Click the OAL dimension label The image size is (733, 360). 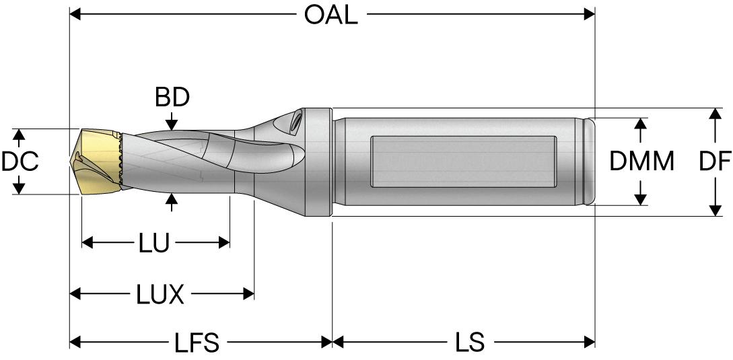pyautogui.click(x=330, y=15)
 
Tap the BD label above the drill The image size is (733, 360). pyautogui.click(x=172, y=98)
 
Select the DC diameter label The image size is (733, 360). pyautogui.click(x=20, y=161)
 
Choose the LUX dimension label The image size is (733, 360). pyautogui.click(x=160, y=294)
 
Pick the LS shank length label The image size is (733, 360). pyautogui.click(x=468, y=343)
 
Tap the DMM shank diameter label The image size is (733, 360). pyautogui.click(x=641, y=161)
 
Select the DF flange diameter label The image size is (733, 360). pyautogui.click(x=715, y=161)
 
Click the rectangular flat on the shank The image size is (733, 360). pyautogui.click(x=463, y=161)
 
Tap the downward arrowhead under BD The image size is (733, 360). pyautogui.click(x=172, y=124)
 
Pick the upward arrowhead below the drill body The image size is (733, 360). pyautogui.click(x=172, y=199)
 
